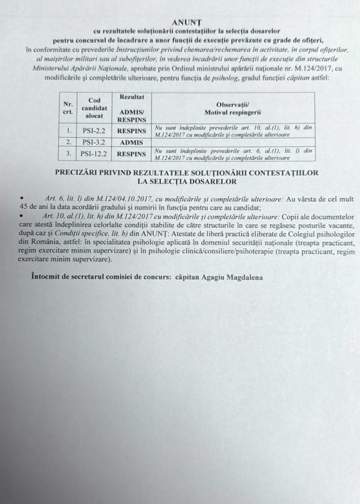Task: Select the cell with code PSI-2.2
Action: [94, 130]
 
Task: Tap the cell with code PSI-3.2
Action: [94, 142]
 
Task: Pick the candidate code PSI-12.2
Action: [94, 154]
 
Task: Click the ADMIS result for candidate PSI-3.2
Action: [132, 142]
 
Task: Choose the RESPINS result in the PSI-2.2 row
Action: [132, 130]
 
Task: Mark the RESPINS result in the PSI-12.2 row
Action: [132, 154]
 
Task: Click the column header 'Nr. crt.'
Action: [68, 108]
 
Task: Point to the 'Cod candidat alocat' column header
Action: [94, 108]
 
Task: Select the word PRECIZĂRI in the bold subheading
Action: [77, 173]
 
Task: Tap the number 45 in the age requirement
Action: [23, 205]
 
